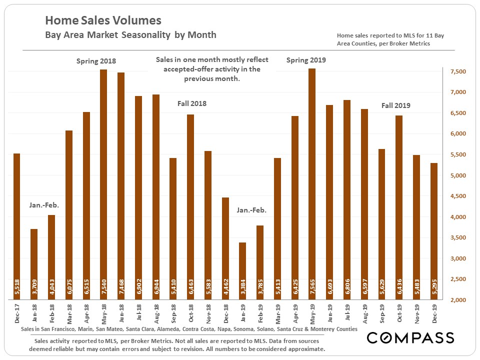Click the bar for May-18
pos(103,185)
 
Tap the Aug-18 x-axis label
pos(155,313)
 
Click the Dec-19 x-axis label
pos(433,313)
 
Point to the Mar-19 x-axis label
pos(277,313)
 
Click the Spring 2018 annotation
pos(96,61)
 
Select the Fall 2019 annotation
pos(396,105)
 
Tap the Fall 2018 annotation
pos(192,104)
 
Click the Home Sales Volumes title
pos(103,20)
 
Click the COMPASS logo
pos(410,338)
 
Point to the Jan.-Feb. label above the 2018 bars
pos(44,205)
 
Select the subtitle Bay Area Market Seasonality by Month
pos(130,35)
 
